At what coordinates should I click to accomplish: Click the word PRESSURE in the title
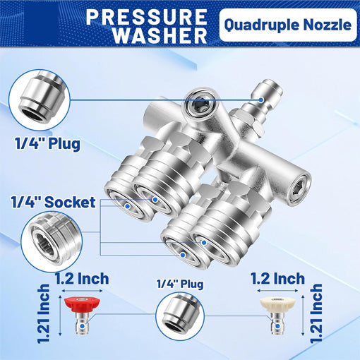pos(146,17)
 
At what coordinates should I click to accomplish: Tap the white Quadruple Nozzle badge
pos(288,25)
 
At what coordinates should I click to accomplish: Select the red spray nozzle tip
pos(82,315)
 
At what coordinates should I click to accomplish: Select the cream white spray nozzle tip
pos(277,315)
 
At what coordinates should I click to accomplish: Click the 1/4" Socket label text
pos(54,202)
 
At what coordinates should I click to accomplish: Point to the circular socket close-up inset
pos(52,241)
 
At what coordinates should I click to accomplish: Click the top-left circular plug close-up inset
pos(40,100)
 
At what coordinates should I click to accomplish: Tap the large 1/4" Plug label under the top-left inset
pos(48,143)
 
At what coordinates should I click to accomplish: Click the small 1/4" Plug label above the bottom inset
pos(180,284)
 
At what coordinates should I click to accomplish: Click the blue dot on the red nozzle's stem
pos(82,326)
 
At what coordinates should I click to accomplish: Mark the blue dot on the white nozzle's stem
pos(277,326)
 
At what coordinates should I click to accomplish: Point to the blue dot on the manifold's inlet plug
pos(261,100)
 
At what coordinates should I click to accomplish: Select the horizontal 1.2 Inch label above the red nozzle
pos(82,279)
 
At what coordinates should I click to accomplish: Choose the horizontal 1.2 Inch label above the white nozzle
pos(278,279)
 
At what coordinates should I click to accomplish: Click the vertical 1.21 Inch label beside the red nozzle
pos(44,313)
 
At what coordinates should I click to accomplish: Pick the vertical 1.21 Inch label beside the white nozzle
pos(316,313)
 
